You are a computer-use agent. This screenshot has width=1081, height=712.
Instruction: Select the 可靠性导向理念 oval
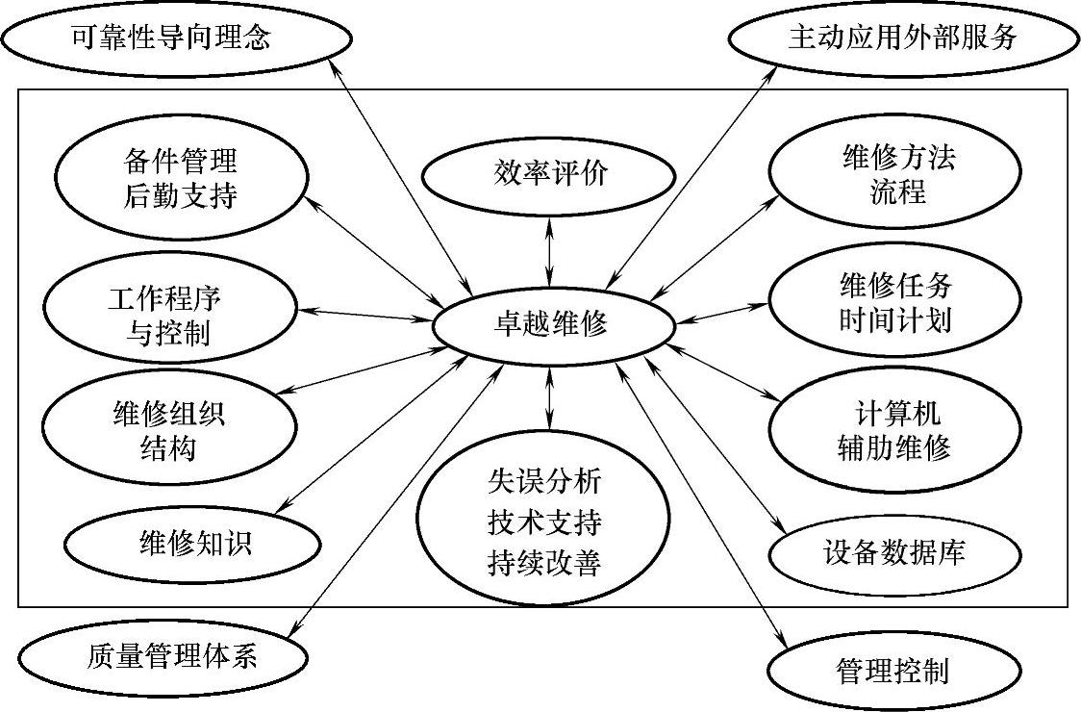[172, 38]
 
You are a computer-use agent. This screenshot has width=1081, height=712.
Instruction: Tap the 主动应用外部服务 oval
[901, 38]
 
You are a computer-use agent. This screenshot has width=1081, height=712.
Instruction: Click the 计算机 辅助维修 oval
[893, 431]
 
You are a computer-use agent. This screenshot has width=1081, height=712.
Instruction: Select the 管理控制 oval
[893, 670]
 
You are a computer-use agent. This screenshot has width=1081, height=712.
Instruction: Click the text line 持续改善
[543, 563]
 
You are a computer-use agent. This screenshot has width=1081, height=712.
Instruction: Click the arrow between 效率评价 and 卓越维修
[549, 253]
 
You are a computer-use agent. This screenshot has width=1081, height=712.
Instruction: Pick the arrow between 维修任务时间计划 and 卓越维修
[723, 312]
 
